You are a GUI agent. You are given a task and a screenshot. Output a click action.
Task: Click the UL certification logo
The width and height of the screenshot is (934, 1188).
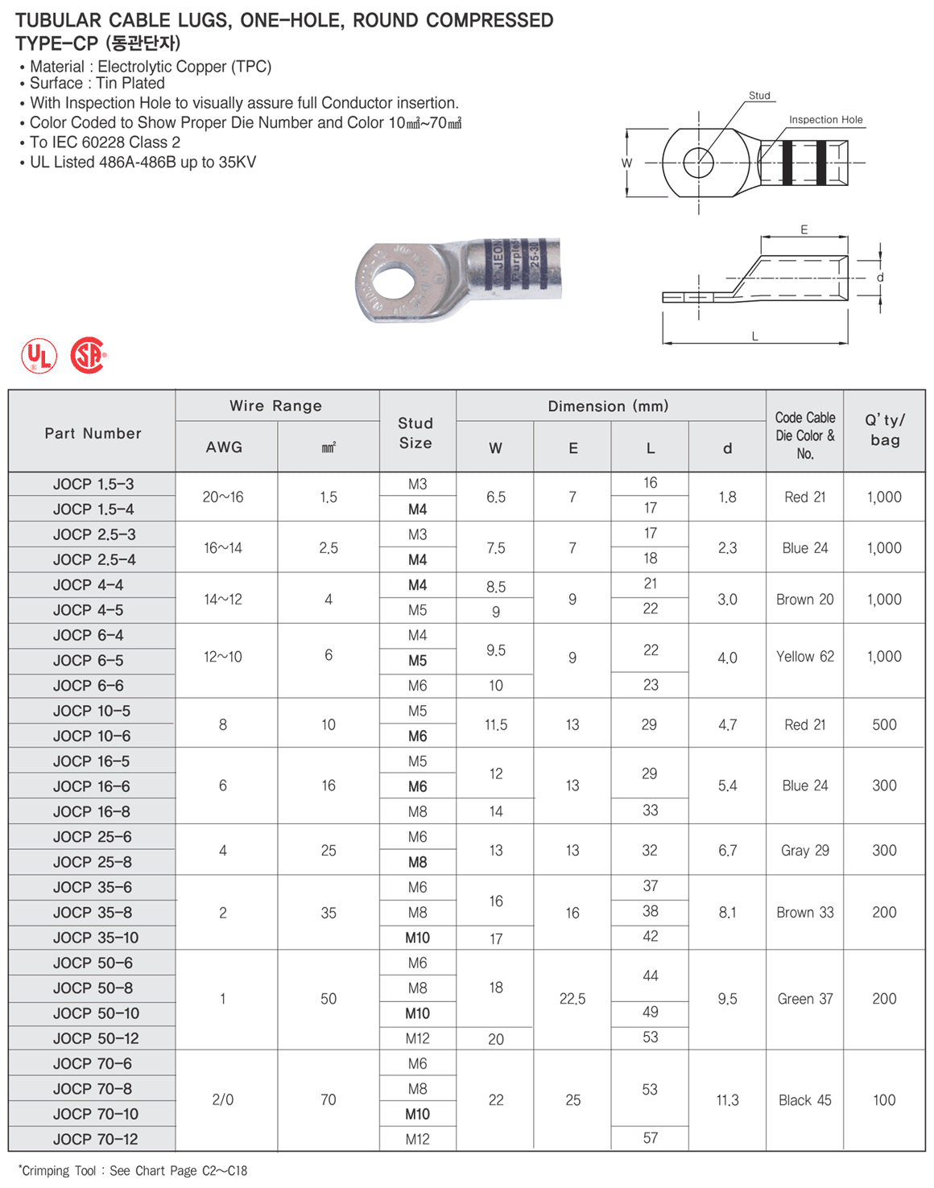coord(39,356)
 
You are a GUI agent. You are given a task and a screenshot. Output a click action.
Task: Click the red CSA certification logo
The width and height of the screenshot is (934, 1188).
coord(88,355)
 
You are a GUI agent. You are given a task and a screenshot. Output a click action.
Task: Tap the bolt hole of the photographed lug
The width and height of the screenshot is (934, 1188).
coord(394,283)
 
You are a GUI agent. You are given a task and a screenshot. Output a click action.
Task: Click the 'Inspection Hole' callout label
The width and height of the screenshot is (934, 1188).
coord(825,120)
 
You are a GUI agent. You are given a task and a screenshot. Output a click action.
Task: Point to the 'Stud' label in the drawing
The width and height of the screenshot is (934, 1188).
coord(759,96)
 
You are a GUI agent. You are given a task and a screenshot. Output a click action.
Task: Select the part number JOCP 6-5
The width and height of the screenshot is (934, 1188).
coord(89,661)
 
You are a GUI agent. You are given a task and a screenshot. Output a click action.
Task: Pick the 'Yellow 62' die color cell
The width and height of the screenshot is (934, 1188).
coord(805,657)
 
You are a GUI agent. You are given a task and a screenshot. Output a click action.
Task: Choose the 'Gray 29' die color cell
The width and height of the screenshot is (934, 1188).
coord(805,851)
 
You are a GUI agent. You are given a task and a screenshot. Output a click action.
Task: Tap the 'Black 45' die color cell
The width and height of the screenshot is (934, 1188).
coord(805,1100)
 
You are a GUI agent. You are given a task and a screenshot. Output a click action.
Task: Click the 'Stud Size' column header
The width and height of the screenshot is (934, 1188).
coord(415,433)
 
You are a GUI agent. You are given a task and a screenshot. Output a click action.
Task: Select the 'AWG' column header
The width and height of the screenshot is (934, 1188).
coord(224,448)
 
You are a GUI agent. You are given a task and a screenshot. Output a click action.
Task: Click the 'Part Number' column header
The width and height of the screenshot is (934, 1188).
coord(93,433)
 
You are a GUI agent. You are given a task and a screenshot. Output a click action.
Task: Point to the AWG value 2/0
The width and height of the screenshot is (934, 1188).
coord(223,1100)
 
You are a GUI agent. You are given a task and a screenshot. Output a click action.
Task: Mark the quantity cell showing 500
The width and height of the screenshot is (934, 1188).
coord(884,725)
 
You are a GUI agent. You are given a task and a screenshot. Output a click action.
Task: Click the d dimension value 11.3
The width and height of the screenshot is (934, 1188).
coord(727,1100)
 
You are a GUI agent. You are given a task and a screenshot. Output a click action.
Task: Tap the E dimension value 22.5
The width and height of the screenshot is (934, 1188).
coord(572,999)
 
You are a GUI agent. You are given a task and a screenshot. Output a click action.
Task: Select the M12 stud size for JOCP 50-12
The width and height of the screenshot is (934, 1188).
coord(417,1039)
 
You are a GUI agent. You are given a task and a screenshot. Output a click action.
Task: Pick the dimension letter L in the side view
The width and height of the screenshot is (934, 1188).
coord(754,336)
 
